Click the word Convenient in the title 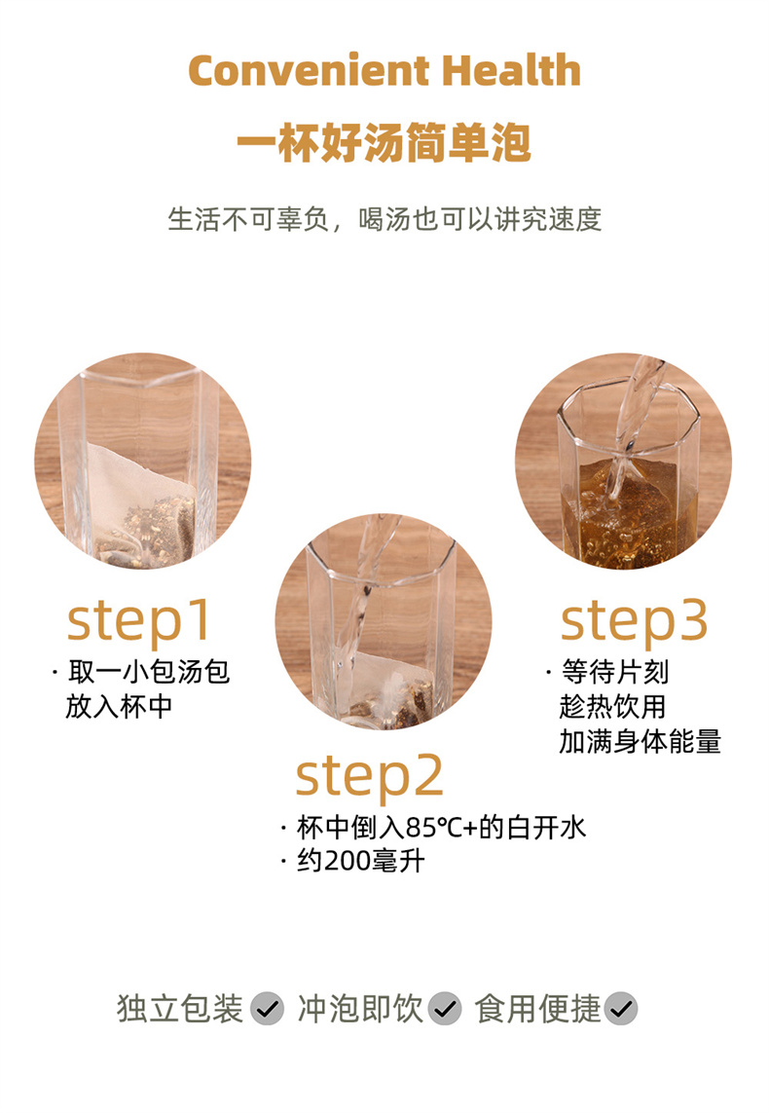pyautogui.click(x=309, y=70)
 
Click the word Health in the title pyautogui.click(x=511, y=70)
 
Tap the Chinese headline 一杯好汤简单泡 pyautogui.click(x=384, y=142)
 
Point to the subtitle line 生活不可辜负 pyautogui.click(x=248, y=219)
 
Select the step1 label pyautogui.click(x=139, y=622)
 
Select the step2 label pyautogui.click(x=369, y=777)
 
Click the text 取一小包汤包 pyautogui.click(x=149, y=672)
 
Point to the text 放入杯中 pyautogui.click(x=119, y=706)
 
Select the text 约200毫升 pyautogui.click(x=361, y=861)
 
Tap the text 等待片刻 pyautogui.click(x=615, y=672)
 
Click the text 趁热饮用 pyautogui.click(x=613, y=706)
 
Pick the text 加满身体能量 pyautogui.click(x=640, y=741)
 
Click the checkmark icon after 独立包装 pyautogui.click(x=268, y=1009)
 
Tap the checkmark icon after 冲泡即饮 pyautogui.click(x=446, y=1009)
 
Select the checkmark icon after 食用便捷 pyautogui.click(x=621, y=1009)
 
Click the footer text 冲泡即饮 pyautogui.click(x=360, y=1009)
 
